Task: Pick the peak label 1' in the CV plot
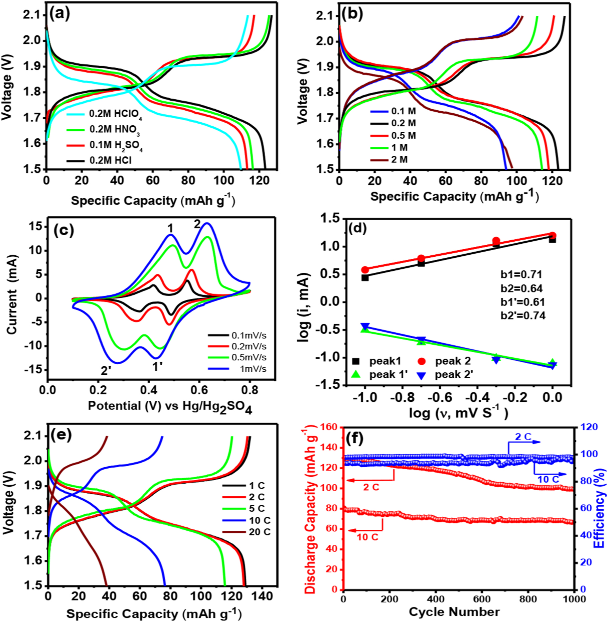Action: [157, 367]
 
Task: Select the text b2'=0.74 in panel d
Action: [523, 316]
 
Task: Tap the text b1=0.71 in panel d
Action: [521, 275]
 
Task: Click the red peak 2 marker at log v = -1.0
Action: [365, 270]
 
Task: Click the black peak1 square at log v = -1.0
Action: [365, 277]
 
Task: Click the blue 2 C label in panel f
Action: [523, 437]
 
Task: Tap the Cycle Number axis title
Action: [454, 612]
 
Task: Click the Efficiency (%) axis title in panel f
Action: [600, 508]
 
